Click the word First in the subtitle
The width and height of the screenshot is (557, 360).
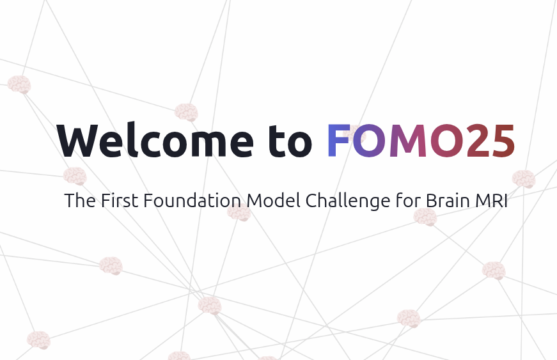(120, 201)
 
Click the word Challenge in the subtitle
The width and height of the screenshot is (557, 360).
(347, 201)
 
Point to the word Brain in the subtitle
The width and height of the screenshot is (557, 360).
(446, 201)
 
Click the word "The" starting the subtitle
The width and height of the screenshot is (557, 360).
(80, 201)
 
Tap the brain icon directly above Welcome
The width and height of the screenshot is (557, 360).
(186, 113)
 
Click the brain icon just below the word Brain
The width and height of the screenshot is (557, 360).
(425, 217)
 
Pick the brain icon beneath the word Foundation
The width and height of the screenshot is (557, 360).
(239, 213)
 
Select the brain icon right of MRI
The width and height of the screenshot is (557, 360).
(523, 178)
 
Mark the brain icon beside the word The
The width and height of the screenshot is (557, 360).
(75, 176)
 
